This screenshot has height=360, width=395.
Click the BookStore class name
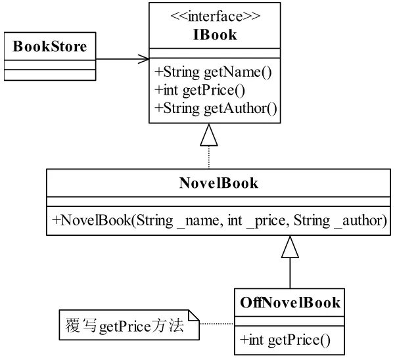coord(50,47)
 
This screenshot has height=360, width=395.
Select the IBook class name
coord(215,35)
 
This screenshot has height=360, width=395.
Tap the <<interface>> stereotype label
coord(216,16)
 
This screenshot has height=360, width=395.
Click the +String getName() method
coord(213,72)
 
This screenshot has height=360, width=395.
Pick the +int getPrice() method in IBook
coord(200,90)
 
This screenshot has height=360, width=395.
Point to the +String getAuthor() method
coord(216,108)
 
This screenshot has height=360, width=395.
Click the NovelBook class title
coord(218,183)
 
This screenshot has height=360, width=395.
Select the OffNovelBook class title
coord(290,303)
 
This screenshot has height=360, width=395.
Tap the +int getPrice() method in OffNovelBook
coord(285,340)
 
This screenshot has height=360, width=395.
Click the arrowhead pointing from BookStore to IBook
coord(144,59)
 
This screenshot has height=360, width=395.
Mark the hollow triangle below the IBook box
coord(209,135)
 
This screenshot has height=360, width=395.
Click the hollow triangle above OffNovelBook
coord(290,247)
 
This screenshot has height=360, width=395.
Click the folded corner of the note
coord(194,315)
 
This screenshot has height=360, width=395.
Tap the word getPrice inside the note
coord(125,327)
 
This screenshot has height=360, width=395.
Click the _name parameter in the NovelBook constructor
coord(198,221)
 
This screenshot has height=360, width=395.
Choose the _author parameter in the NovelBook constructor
coord(361,221)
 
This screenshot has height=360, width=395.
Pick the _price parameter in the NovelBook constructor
coord(266,221)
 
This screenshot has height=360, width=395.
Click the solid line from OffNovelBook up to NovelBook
coord(290,273)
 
